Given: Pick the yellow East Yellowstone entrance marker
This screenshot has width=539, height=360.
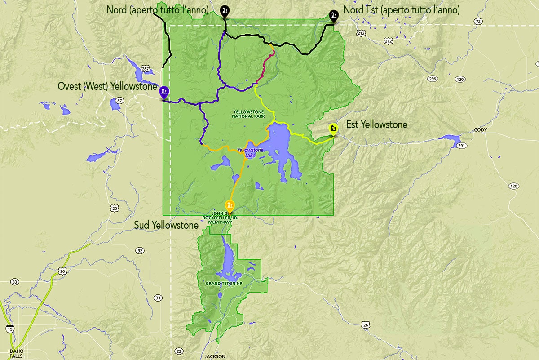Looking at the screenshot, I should point(333,129).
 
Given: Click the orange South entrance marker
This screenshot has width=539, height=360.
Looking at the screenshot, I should point(230,206).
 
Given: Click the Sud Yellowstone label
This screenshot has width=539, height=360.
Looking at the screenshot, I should point(166,225).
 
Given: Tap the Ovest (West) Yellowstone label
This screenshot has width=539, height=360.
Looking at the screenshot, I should point(107,86).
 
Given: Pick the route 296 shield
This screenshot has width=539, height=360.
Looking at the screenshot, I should point(433,79).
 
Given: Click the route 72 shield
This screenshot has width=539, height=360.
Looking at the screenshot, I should point(478,22).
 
